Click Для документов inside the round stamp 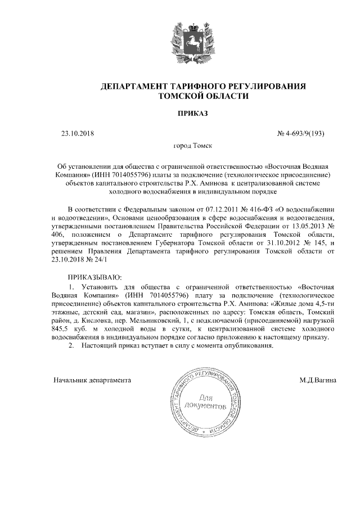pyautogui.click(x=209, y=401)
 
